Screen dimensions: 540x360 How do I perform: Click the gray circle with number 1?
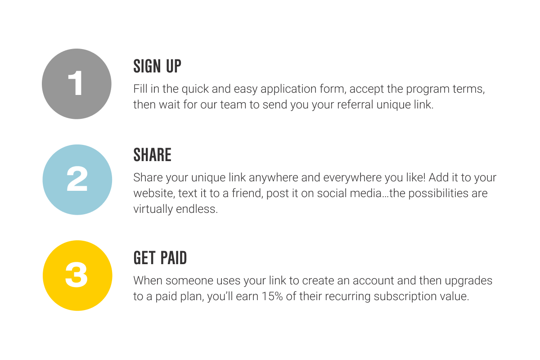(76, 84)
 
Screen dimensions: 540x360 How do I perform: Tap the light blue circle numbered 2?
(77, 180)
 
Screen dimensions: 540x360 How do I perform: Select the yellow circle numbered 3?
(77, 275)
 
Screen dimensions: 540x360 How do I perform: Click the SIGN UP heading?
(157, 66)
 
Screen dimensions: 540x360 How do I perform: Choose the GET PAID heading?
(160, 258)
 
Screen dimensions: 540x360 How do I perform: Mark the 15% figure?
(272, 297)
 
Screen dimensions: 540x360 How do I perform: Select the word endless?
(197, 209)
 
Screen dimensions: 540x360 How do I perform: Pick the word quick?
(195, 89)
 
